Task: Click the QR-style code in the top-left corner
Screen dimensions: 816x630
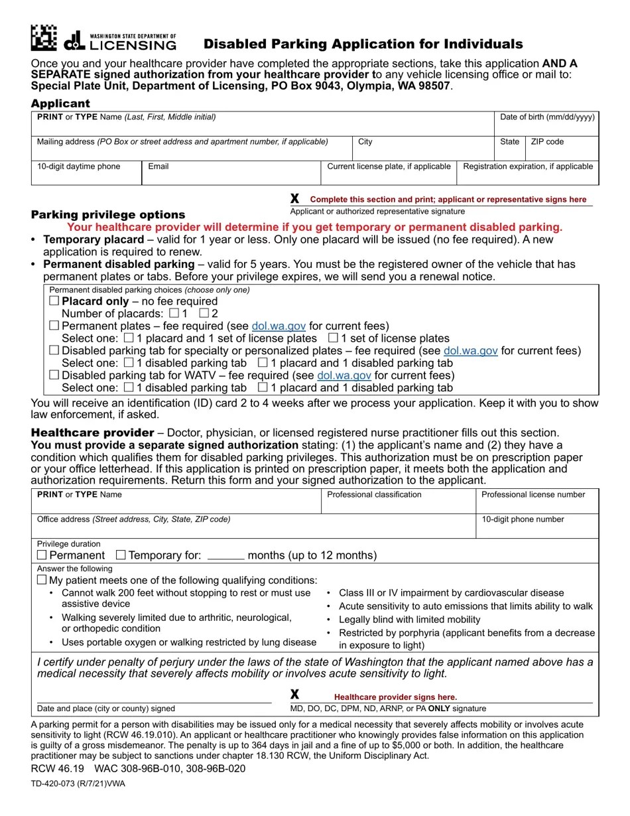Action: [x=43, y=38]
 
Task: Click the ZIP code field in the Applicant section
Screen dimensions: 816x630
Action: [x=562, y=149]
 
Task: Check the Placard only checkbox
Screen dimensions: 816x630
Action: [x=54, y=301]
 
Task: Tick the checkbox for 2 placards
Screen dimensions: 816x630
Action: [x=204, y=313]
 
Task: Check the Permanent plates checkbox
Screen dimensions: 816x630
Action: [x=54, y=326]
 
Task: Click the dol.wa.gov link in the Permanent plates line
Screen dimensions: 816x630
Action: [x=279, y=326]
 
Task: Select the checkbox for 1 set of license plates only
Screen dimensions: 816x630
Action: [x=334, y=338]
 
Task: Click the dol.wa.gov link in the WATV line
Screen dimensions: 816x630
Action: [x=344, y=375]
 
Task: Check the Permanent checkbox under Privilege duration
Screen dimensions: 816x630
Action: [x=42, y=555]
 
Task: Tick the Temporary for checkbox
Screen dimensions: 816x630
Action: [x=121, y=555]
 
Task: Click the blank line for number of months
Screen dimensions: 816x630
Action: [x=225, y=556]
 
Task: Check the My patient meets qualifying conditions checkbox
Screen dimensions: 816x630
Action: [x=42, y=580]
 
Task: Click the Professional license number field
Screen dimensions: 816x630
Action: [x=536, y=502]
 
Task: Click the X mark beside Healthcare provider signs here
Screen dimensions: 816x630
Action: [x=295, y=695]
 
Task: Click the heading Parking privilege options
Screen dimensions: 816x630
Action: [x=108, y=215]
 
